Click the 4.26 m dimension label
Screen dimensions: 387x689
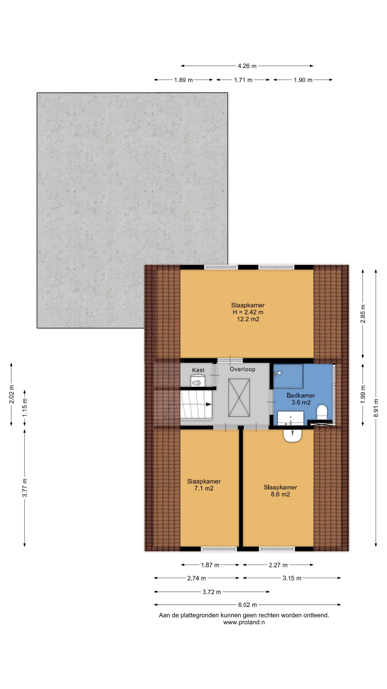click(x=247, y=66)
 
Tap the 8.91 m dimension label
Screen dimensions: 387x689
click(x=376, y=408)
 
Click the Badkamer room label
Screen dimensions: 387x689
click(x=301, y=395)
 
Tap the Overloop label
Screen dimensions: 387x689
click(x=242, y=369)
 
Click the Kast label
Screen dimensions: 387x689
click(x=198, y=370)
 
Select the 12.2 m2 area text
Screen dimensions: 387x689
click(x=248, y=319)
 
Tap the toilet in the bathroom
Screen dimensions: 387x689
click(x=322, y=412)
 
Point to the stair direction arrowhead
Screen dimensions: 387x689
click(x=209, y=404)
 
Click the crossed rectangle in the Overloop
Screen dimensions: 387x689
click(x=239, y=398)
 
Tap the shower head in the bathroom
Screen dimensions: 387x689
click(x=277, y=373)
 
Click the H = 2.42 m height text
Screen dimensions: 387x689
click(x=248, y=312)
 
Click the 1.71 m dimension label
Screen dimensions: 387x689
click(x=243, y=80)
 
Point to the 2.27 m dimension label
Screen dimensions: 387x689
click(x=278, y=565)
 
